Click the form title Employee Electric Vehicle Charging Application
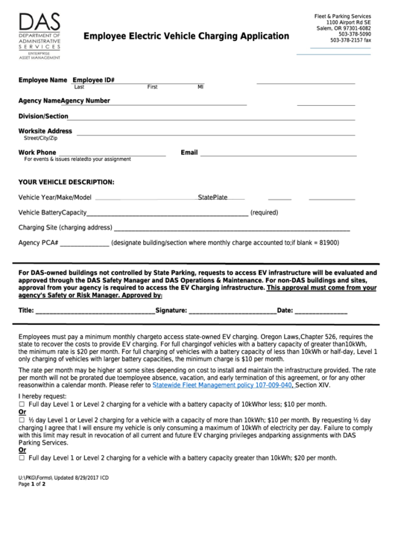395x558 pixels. tap(186, 36)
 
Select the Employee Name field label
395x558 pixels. tap(42, 79)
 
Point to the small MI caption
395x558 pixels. tap(200, 87)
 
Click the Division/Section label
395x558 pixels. tap(43, 117)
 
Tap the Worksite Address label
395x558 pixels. tap(45, 131)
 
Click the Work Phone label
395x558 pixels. tap(37, 153)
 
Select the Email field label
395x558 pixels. tap(189, 153)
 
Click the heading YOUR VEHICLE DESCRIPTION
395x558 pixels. tap(66, 182)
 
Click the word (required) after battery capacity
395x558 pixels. tap(264, 212)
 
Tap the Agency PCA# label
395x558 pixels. tap(38, 243)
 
